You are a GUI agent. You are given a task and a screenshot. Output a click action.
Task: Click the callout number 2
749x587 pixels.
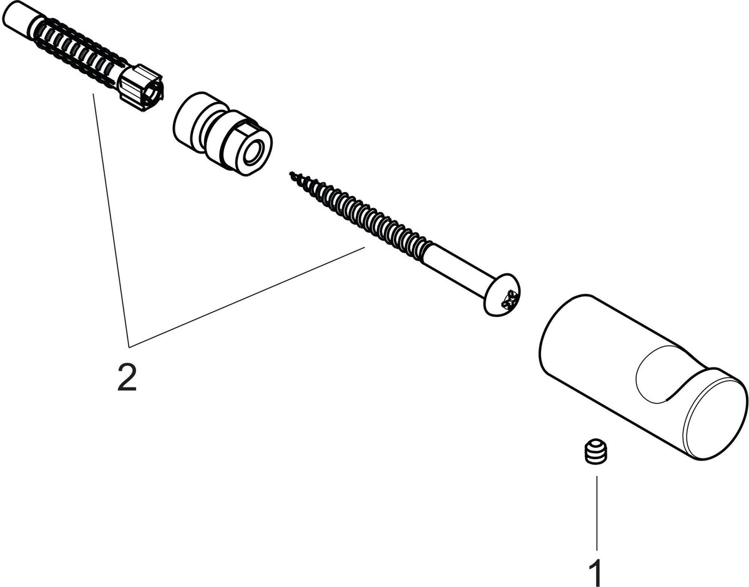coord(127,377)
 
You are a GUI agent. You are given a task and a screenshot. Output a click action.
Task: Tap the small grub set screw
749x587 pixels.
coord(596,452)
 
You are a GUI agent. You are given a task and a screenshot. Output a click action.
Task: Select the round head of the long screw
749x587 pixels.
coord(502,295)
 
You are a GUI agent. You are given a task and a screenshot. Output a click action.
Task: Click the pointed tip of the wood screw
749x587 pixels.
coord(291,173)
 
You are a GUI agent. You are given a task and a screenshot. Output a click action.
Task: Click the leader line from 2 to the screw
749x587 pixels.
coord(247,296)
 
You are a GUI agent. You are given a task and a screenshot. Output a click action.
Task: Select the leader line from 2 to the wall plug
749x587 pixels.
coord(111,220)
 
